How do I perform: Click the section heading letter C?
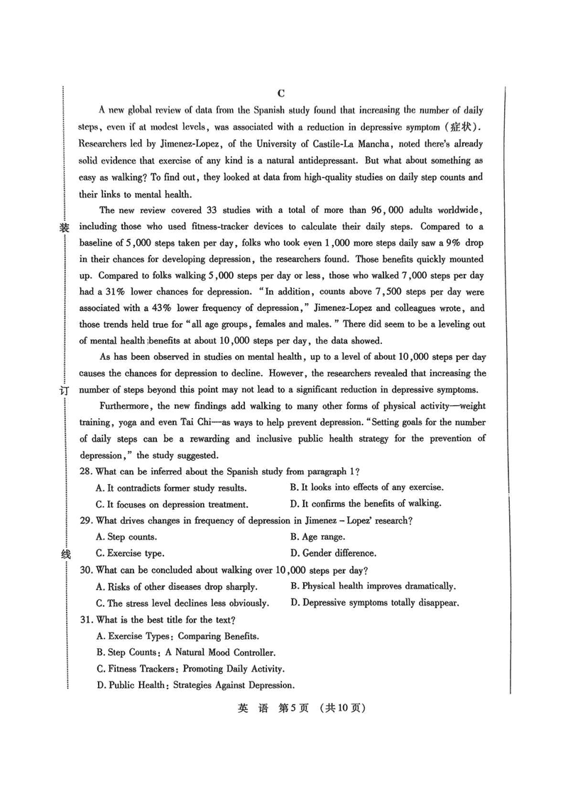(281, 93)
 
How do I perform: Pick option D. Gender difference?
(333, 553)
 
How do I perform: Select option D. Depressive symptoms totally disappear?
(375, 603)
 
